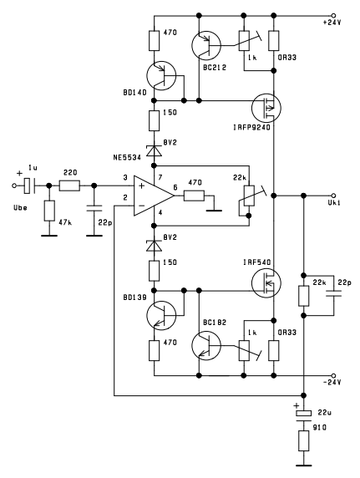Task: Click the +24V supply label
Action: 332,23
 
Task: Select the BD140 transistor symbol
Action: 161,75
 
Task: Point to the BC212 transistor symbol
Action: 206,45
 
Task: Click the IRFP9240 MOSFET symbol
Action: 266,107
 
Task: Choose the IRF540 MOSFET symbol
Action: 266,283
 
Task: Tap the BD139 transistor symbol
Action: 161,316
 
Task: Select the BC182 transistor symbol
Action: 206,345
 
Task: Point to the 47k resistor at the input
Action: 49,211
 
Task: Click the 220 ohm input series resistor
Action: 69,186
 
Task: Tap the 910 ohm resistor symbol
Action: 303,440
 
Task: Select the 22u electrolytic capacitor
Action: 303,416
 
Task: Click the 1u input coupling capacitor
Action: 30,186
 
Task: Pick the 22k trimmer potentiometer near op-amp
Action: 250,196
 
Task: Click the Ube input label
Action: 20,208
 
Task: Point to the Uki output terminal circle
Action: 333,196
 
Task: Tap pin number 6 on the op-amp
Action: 175,187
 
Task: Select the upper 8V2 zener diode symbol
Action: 154,150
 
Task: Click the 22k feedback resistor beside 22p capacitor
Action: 303,296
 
